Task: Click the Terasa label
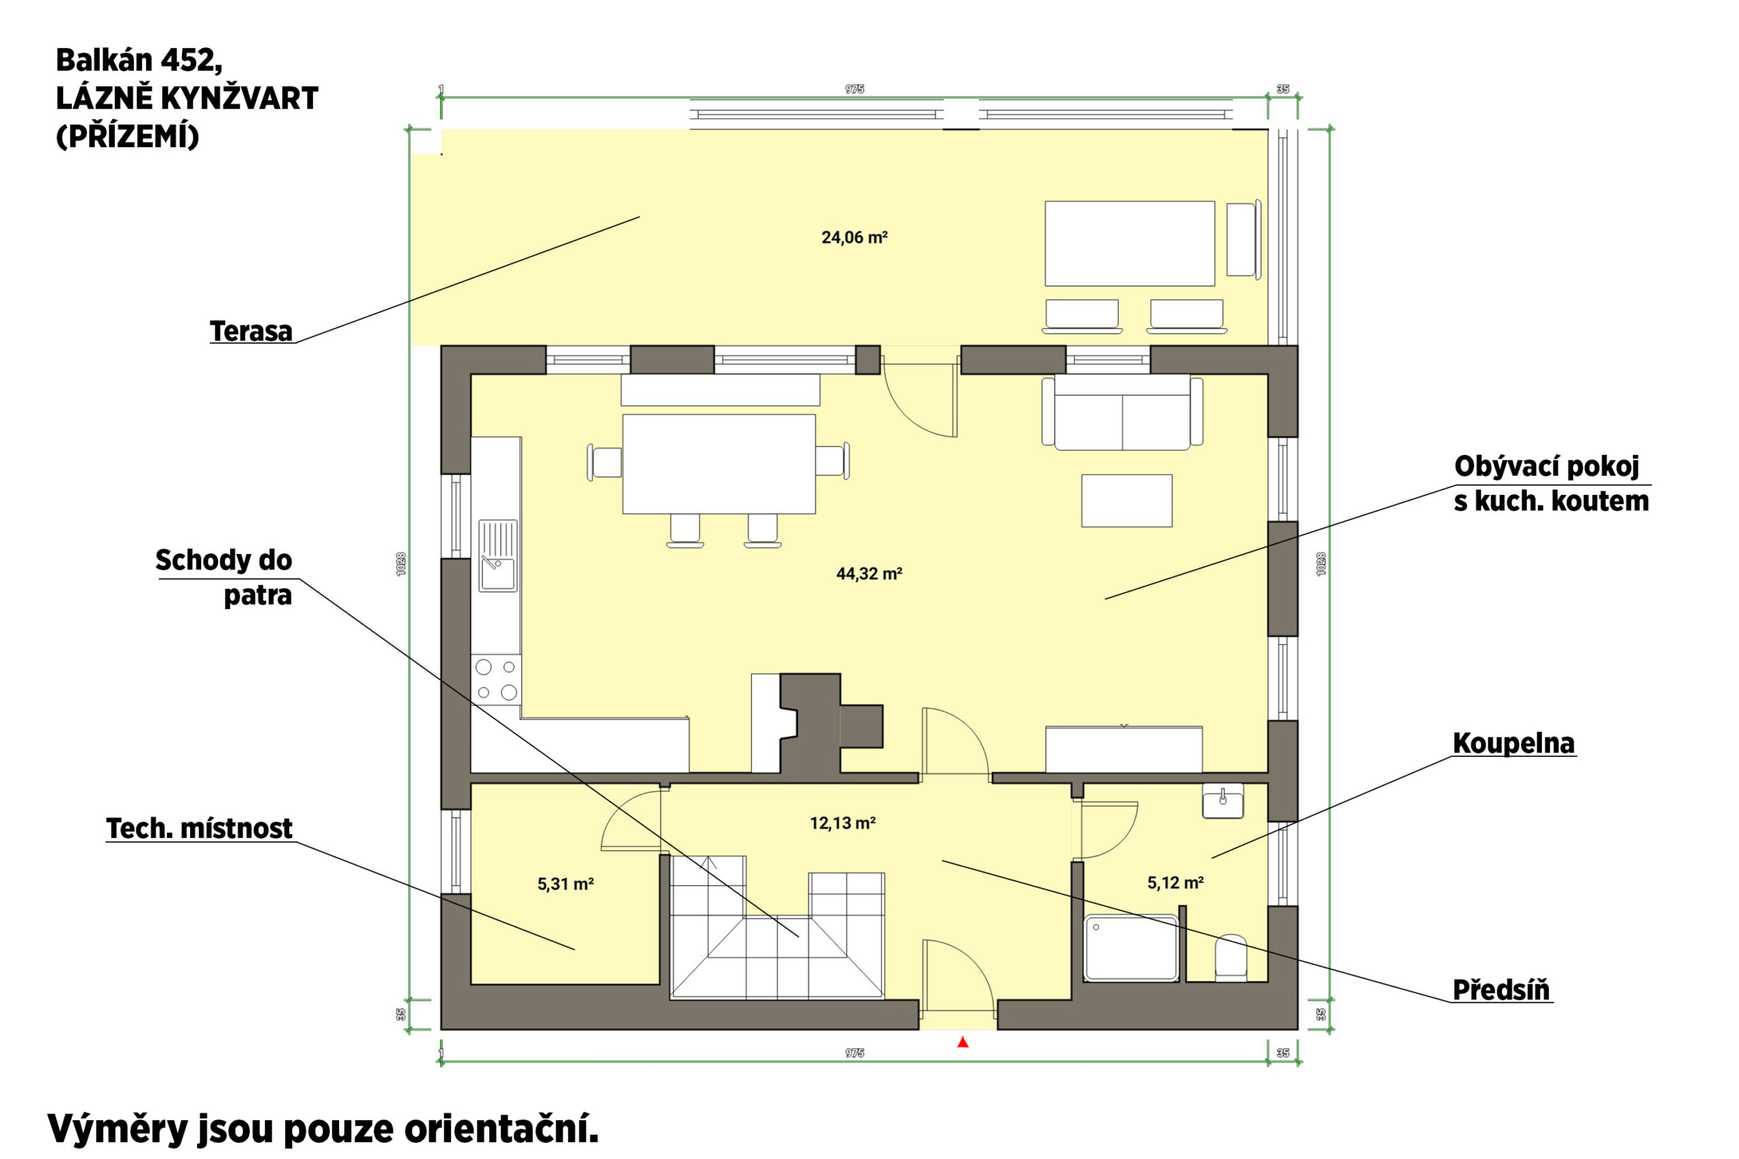[x=251, y=331]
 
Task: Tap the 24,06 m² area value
[x=854, y=237]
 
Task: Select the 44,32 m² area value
[x=869, y=574]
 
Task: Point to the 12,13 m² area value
[x=843, y=823]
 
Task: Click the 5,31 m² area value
[x=566, y=883]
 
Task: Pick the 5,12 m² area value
[x=1176, y=882]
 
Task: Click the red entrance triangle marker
[x=963, y=1042]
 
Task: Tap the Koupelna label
[x=1513, y=743]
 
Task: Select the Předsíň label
[x=1501, y=989]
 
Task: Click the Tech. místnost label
[x=200, y=828]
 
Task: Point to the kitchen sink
[x=498, y=556]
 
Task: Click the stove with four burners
[x=496, y=680]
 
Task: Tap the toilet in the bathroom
[x=1231, y=958]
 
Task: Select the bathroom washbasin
[x=1223, y=801]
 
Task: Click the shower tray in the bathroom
[x=1131, y=949]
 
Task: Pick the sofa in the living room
[x=1122, y=412]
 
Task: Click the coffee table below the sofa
[x=1127, y=500]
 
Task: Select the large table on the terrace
[x=1130, y=243]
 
